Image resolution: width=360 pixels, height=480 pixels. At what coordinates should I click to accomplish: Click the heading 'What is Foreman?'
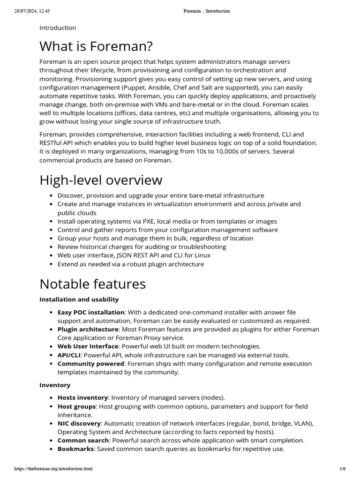[96, 46]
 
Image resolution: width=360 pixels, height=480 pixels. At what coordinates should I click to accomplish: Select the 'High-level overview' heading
[101, 180]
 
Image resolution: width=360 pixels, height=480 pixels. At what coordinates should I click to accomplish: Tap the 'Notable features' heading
[92, 284]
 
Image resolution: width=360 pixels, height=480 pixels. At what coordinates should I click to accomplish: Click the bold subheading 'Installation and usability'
[79, 299]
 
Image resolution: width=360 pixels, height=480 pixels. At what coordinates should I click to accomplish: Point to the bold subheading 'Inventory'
[55, 385]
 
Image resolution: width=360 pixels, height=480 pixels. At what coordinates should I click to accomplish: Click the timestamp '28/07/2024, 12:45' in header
[31, 11]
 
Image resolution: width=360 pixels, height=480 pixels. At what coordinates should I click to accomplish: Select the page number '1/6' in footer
[342, 468]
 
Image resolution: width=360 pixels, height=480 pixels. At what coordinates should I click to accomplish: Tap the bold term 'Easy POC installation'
[91, 312]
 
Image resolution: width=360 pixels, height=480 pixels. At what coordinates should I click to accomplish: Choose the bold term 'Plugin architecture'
[87, 330]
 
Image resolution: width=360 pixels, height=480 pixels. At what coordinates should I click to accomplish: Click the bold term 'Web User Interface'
[88, 346]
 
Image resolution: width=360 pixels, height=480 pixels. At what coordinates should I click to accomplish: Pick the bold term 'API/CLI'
[69, 355]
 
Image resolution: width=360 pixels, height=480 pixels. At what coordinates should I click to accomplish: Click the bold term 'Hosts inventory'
[82, 397]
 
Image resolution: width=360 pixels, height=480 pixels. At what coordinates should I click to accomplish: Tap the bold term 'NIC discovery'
[79, 423]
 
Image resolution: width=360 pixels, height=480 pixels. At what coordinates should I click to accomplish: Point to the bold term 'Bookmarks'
[75, 449]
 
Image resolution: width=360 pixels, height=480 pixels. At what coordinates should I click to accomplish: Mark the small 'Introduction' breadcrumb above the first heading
[58, 28]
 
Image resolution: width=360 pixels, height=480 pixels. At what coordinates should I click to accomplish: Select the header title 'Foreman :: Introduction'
[206, 11]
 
